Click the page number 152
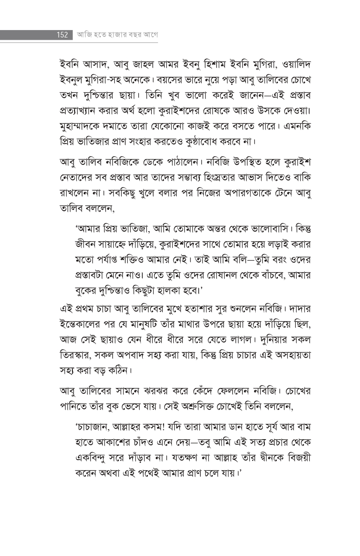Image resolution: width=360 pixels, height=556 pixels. [x=62, y=35]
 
